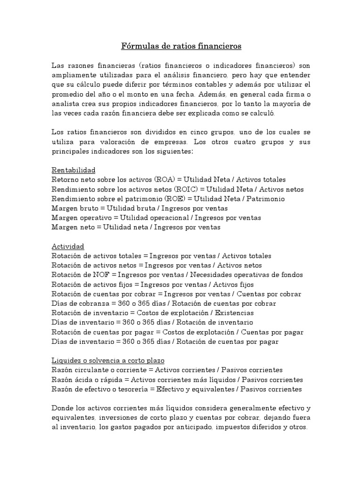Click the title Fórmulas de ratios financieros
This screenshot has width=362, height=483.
click(181, 46)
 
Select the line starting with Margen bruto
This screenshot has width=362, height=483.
click(140, 208)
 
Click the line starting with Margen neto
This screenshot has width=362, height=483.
click(136, 227)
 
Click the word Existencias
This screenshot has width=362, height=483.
click(234, 313)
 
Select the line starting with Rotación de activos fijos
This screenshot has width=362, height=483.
click(152, 284)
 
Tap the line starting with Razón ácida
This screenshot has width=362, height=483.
click(177, 380)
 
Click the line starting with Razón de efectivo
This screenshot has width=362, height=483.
click(176, 389)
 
